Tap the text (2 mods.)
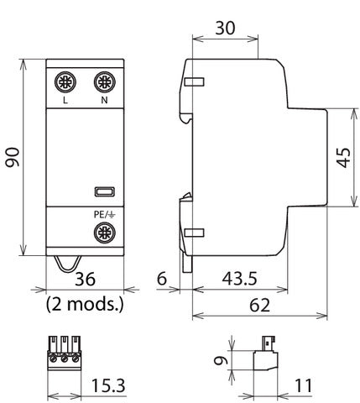pos(85,303)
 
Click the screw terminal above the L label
pos(65,82)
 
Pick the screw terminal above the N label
pos(104,82)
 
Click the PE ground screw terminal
pos(104,233)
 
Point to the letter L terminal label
pos(65,102)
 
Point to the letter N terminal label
pos(104,102)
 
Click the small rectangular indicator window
pos(104,192)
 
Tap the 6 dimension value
pos(162,277)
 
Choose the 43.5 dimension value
pos(241,277)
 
